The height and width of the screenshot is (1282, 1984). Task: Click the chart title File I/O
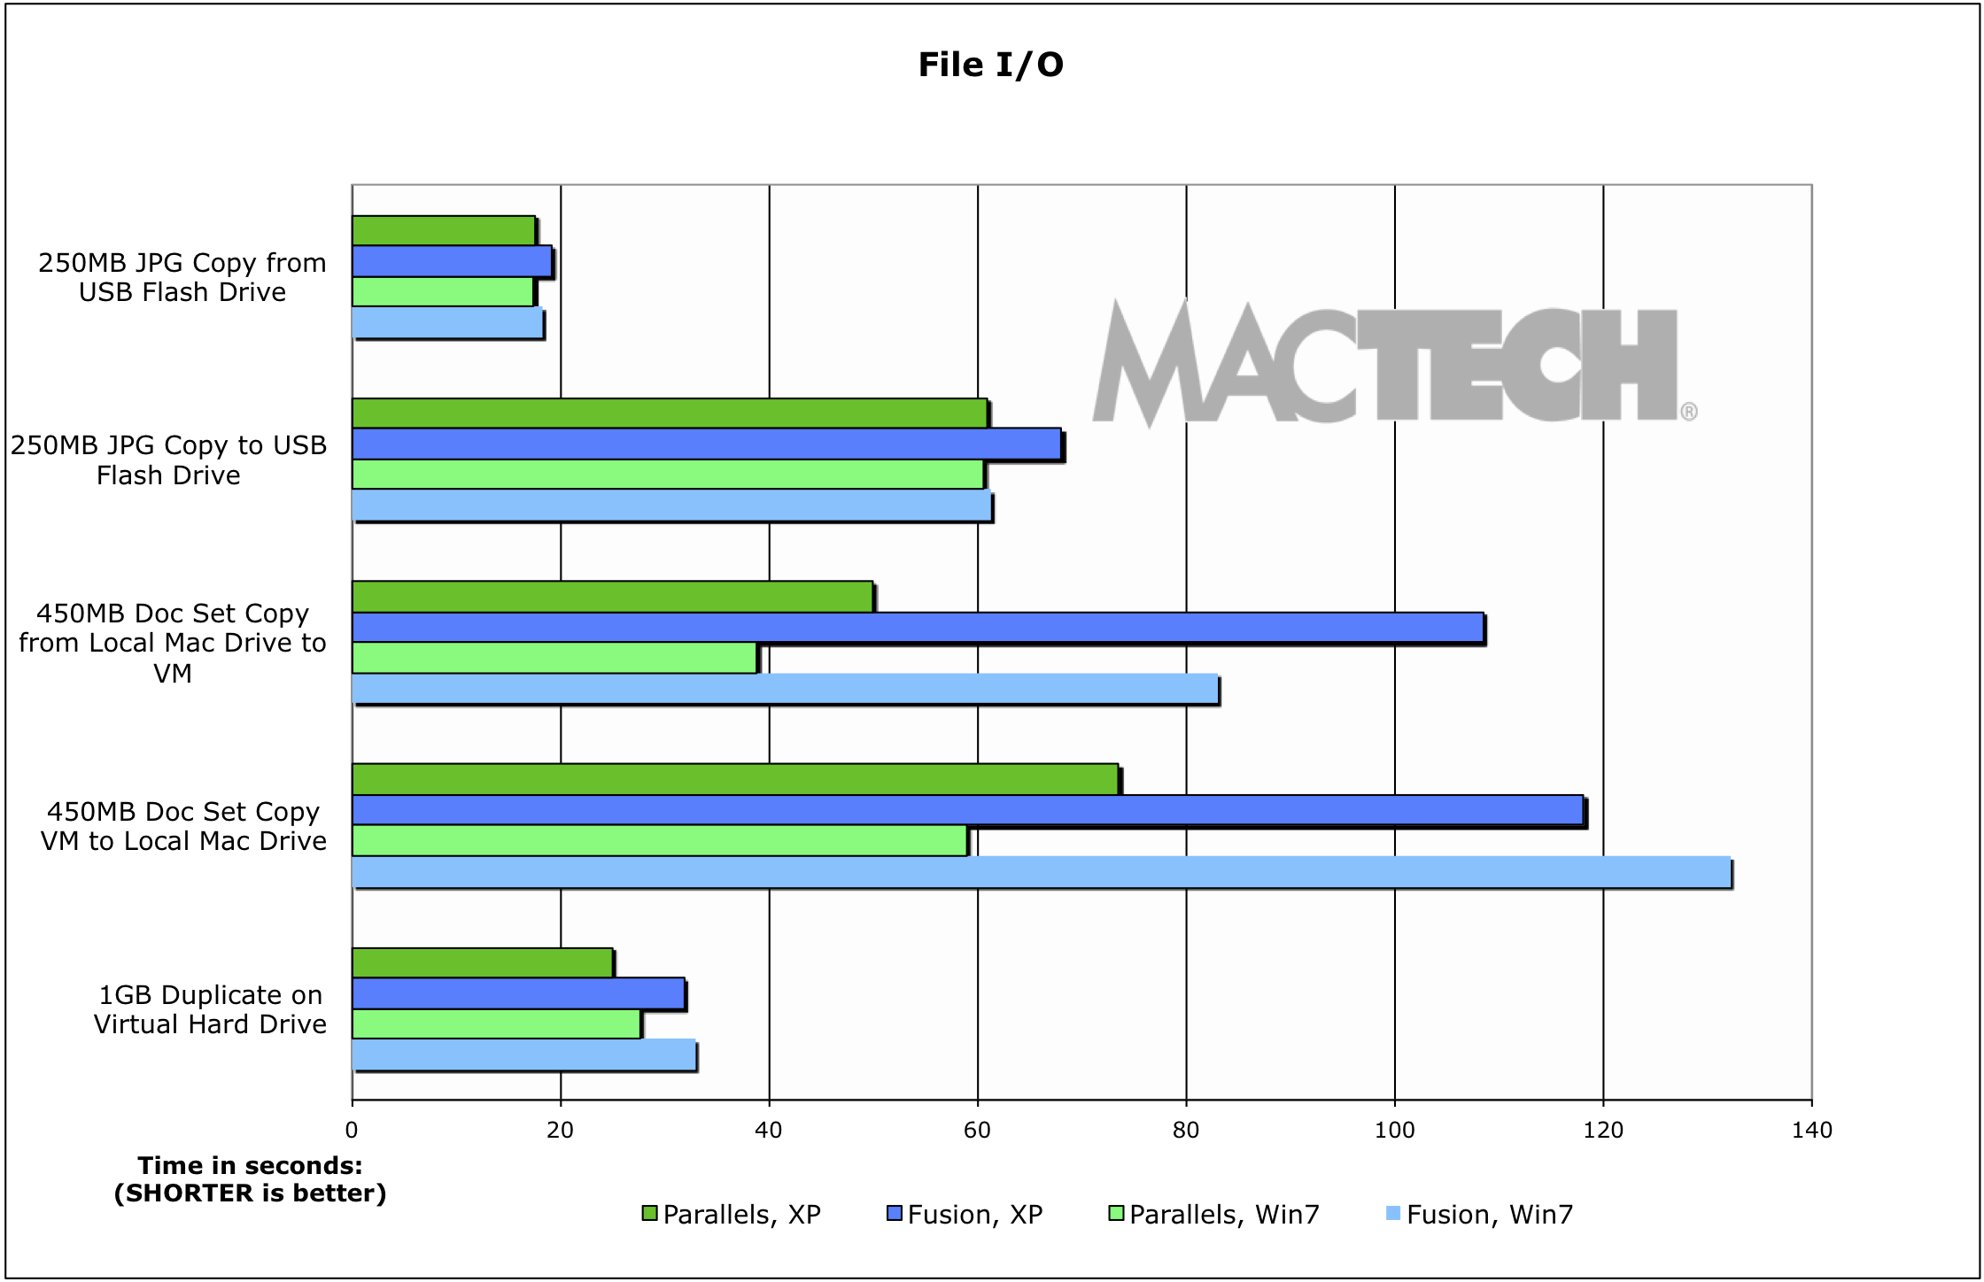click(990, 65)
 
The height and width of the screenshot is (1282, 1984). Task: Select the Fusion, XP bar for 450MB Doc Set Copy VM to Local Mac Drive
click(967, 810)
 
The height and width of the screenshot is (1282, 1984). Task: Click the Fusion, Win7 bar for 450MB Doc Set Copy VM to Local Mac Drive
click(1041, 872)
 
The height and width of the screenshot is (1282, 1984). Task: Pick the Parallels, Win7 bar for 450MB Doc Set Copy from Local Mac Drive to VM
click(554, 658)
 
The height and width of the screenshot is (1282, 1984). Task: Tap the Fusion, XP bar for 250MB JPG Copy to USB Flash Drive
click(706, 444)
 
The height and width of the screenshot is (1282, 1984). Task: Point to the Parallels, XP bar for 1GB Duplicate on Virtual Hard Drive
click(483, 962)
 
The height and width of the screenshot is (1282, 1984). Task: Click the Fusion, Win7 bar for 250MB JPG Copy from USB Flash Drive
click(447, 323)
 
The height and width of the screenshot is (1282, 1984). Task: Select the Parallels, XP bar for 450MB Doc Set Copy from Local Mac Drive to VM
click(612, 597)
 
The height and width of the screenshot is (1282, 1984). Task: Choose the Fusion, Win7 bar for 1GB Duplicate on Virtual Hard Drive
click(523, 1054)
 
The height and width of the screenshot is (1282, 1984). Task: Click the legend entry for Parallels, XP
click(732, 1214)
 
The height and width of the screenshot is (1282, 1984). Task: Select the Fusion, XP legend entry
click(965, 1214)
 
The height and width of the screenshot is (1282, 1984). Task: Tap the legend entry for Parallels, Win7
click(1213, 1214)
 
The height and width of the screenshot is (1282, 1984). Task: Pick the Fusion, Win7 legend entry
click(1479, 1214)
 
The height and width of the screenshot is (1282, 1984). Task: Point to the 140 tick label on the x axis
click(1811, 1130)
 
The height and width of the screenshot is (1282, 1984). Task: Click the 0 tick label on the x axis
click(352, 1130)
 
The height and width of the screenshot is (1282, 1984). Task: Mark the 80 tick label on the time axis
click(1186, 1130)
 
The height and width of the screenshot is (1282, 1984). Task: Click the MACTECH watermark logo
click(1391, 363)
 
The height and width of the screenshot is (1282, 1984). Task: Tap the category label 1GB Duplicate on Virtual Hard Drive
click(210, 1009)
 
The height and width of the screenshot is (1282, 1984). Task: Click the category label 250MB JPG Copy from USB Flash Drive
click(182, 277)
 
